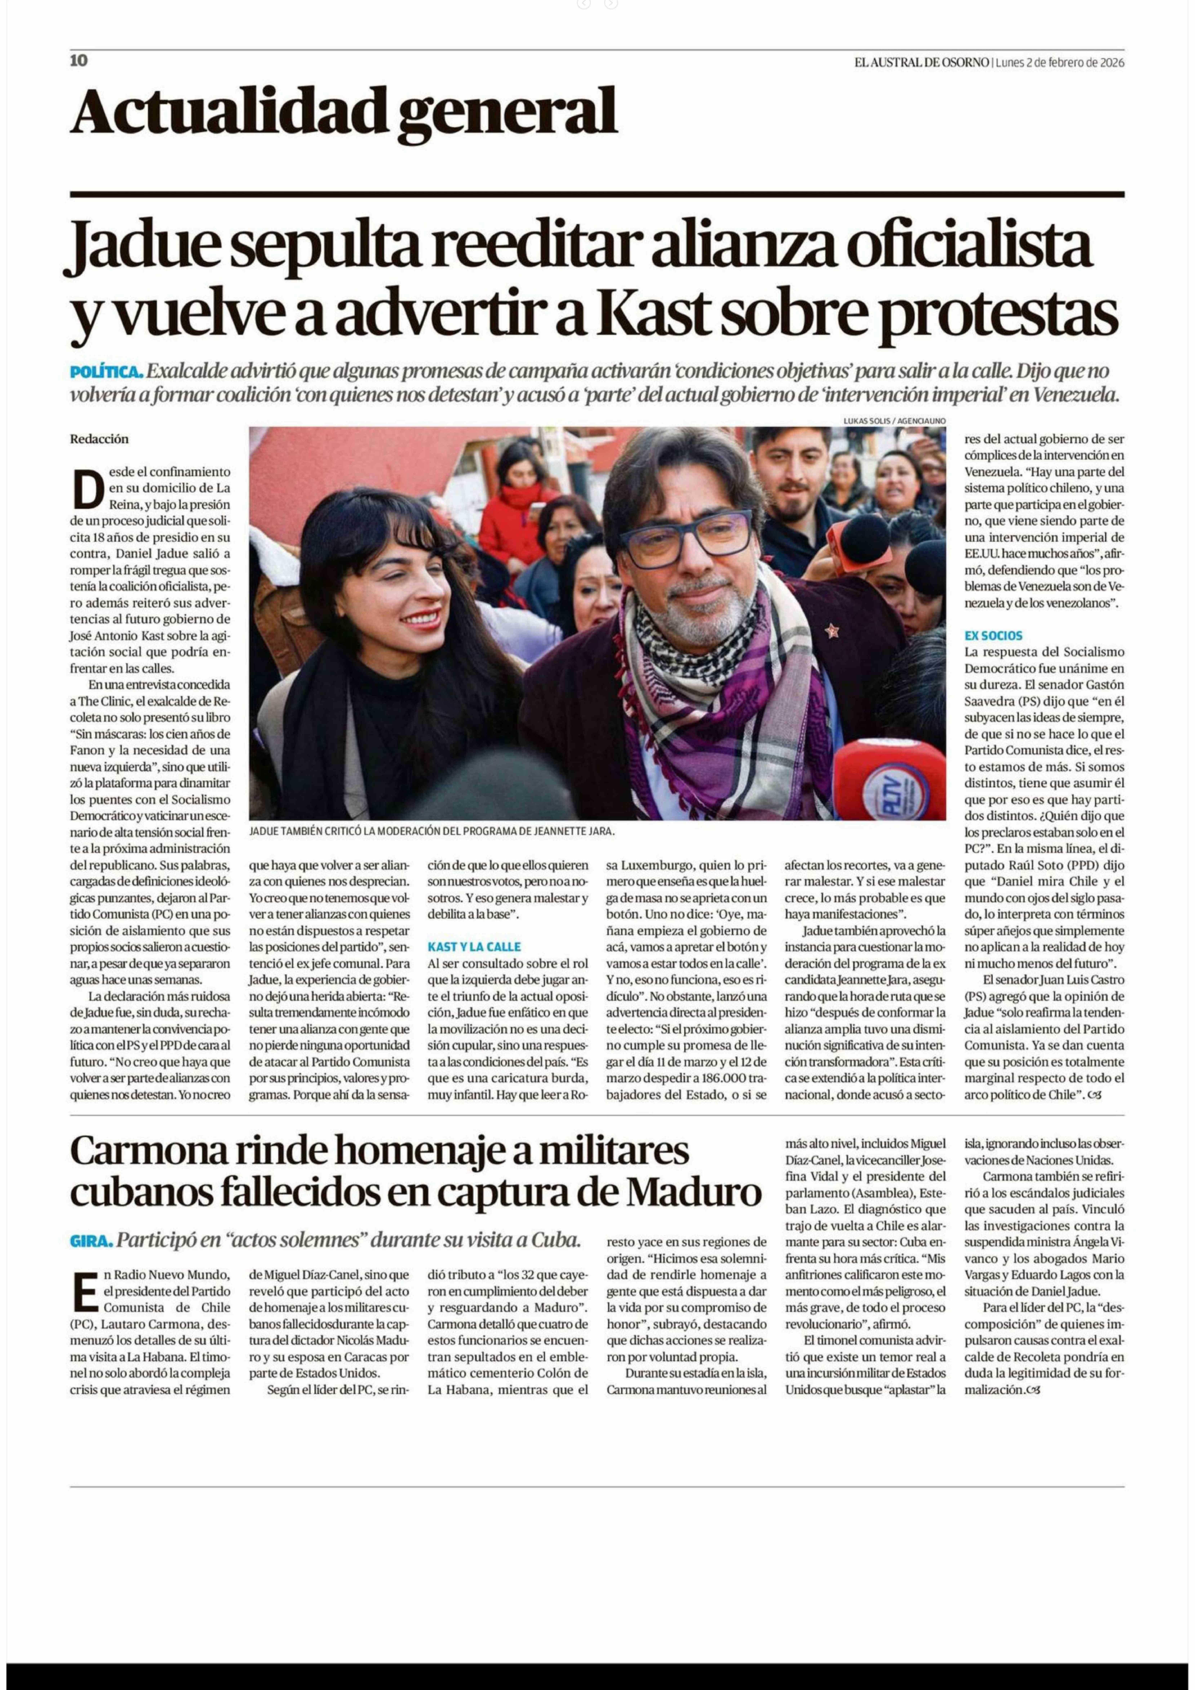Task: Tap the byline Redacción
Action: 99,439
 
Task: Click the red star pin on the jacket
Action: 832,630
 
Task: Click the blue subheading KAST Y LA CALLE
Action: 474,947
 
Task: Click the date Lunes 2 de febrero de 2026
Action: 1060,63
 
